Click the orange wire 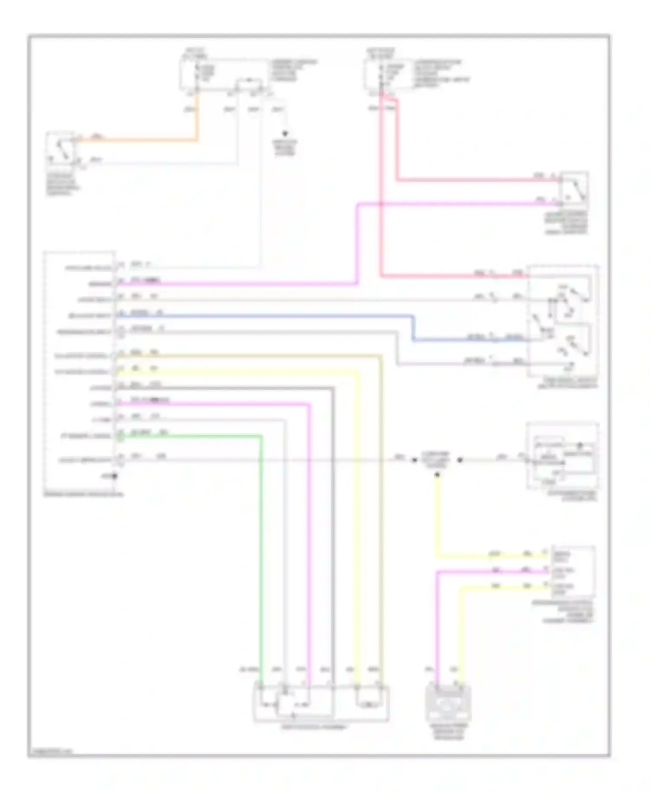(x=139, y=140)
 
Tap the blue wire (x=260, y=316)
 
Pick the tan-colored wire (x=381, y=520)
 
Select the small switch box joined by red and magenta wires (x=573, y=189)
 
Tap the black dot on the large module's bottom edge (x=115, y=477)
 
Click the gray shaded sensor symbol (x=448, y=703)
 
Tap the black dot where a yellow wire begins (x=437, y=475)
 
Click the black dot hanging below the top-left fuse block (x=285, y=133)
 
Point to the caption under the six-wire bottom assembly (x=314, y=727)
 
